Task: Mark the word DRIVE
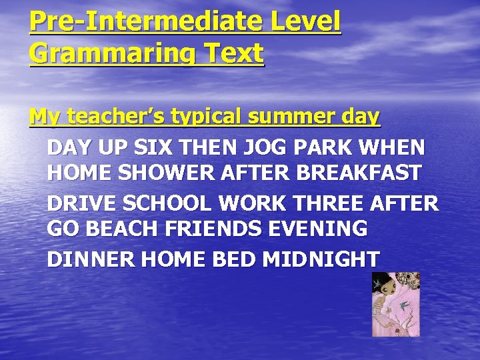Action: [79, 202]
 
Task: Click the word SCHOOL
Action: [160, 202]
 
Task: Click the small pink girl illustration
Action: [395, 304]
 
